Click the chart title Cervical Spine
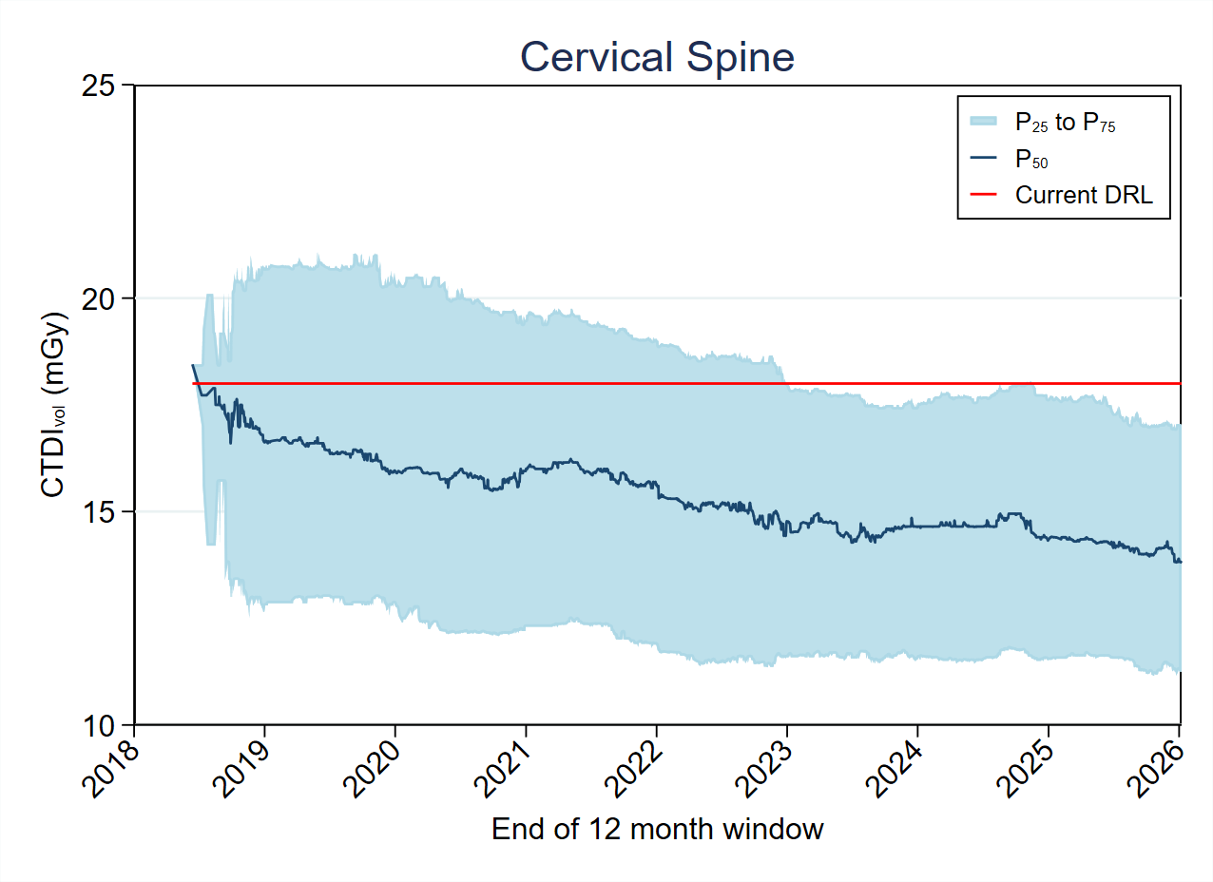(x=657, y=58)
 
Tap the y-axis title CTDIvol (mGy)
(x=54, y=404)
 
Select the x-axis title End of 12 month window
(x=657, y=830)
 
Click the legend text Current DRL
(x=1084, y=195)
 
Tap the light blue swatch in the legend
(x=983, y=121)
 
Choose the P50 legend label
(x=1031, y=159)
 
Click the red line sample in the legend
(x=983, y=195)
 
